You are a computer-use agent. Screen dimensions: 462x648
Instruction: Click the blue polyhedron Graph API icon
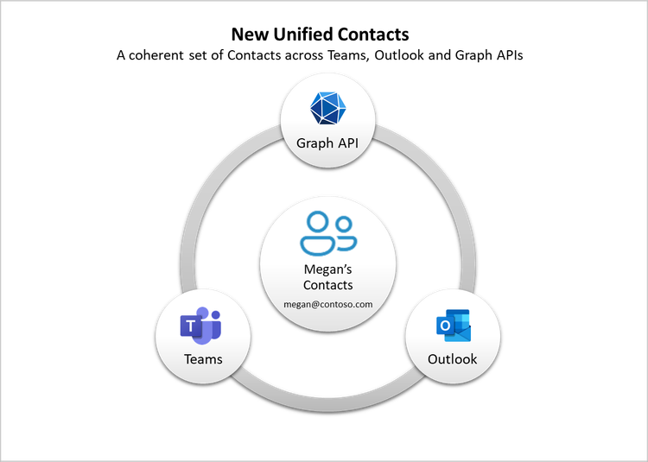coord(327,109)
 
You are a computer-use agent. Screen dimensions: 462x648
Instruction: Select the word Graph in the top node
coord(314,143)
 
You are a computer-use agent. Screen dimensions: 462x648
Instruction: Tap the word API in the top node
coord(346,143)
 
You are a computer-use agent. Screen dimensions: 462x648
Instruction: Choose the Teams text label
coord(203,358)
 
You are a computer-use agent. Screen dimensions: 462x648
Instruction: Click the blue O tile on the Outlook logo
coord(444,326)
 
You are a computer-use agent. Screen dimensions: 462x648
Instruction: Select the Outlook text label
coord(453,358)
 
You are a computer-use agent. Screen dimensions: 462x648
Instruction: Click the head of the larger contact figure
coord(316,220)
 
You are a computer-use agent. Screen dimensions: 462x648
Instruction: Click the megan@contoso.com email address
coord(327,304)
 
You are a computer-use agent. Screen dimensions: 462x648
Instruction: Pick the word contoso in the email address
coord(332,304)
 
